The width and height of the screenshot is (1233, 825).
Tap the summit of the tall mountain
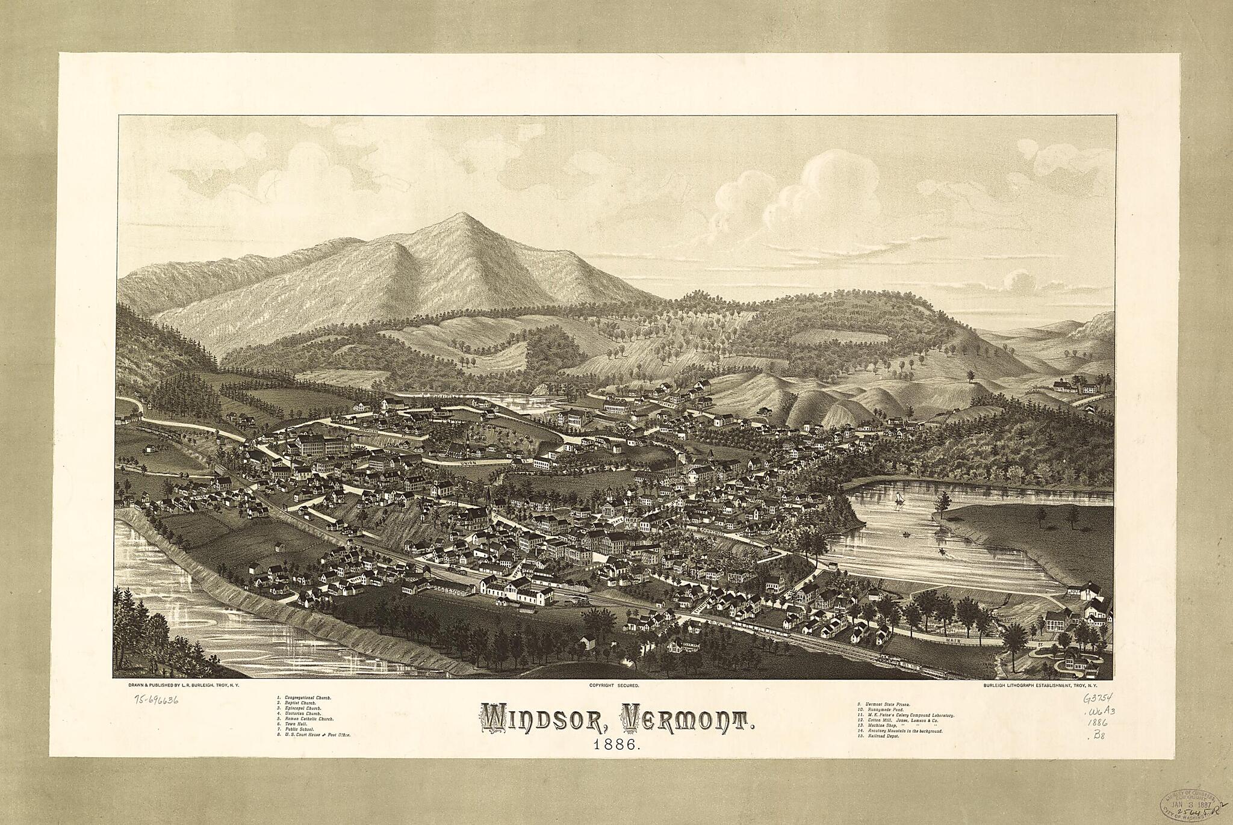[x=460, y=214]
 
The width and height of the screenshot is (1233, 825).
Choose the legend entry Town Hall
[x=295, y=724]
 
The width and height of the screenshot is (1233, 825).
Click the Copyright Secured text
[x=614, y=685]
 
